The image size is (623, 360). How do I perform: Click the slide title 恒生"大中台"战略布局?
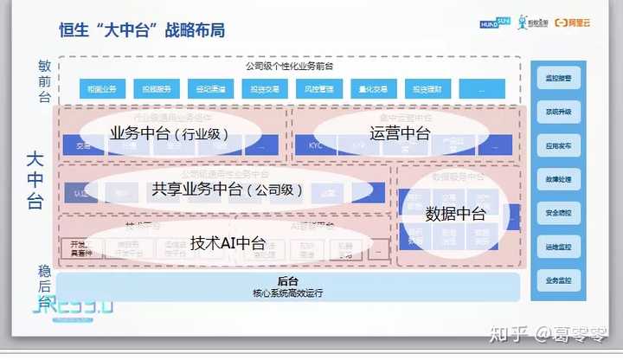(143, 30)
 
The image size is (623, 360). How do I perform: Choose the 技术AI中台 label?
(228, 243)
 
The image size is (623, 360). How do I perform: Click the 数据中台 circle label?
(456, 214)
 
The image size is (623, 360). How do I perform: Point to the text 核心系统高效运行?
(288, 293)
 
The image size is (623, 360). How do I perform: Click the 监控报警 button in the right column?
(558, 78)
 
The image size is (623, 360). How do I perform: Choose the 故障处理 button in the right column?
(558, 179)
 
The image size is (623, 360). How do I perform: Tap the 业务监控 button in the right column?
(558, 280)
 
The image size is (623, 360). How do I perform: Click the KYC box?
(316, 145)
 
